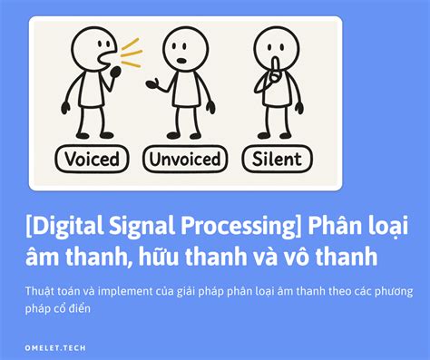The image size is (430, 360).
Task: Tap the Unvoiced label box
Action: [x=183, y=160]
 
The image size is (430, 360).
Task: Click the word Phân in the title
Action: [x=340, y=223]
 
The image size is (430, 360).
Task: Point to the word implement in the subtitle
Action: [x=124, y=291]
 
